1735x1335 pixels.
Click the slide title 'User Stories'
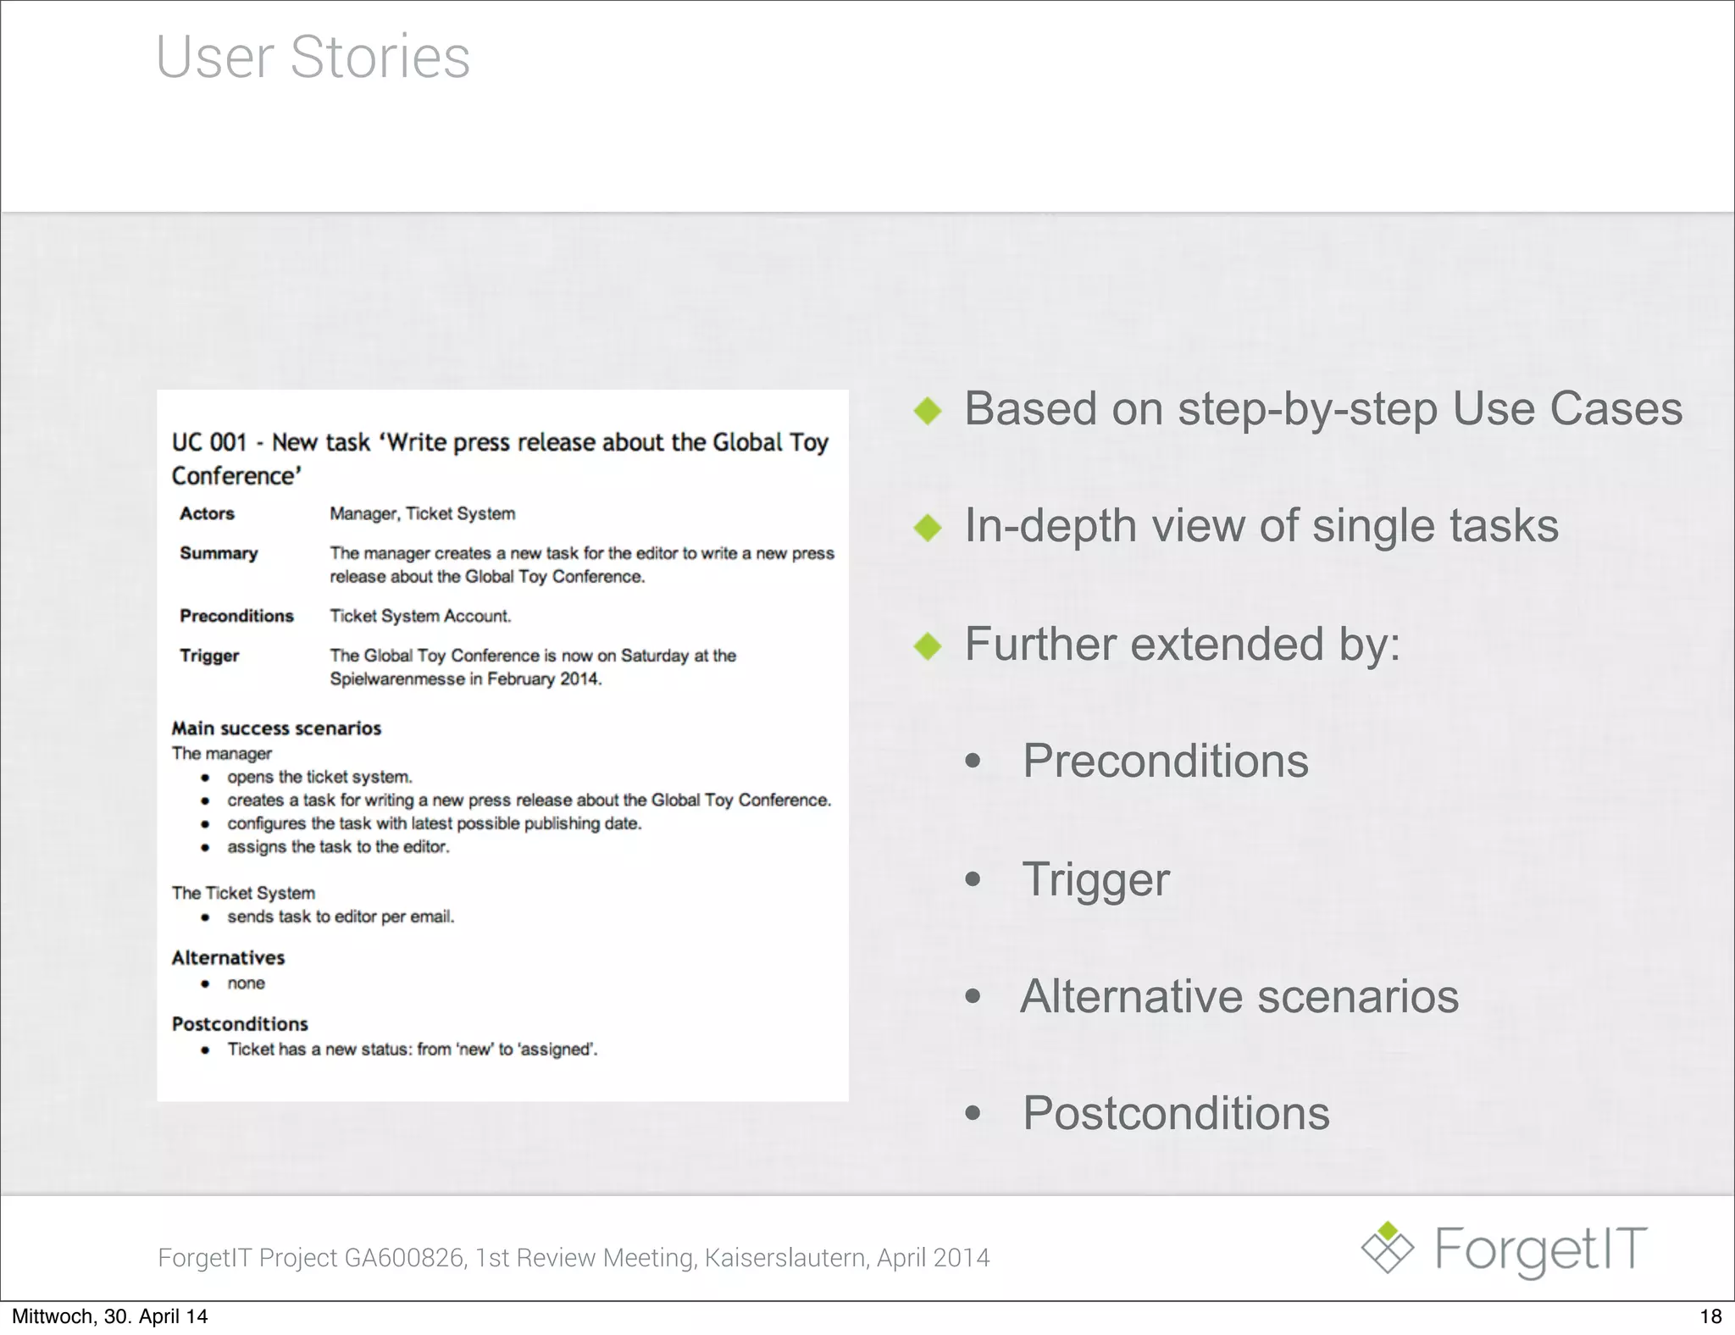313,57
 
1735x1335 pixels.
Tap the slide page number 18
1710,1316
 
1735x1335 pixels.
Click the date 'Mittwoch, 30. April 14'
109,1316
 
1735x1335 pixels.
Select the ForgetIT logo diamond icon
1387,1249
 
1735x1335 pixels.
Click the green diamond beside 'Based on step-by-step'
928,412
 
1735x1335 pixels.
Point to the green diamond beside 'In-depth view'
928,529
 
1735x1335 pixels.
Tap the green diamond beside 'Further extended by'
928,646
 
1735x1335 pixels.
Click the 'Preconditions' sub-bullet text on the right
1165,761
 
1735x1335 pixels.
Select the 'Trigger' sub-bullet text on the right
1095,879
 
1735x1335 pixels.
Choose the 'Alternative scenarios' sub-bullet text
1239,996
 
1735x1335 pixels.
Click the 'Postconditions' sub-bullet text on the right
1176,1113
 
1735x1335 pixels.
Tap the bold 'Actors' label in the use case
207,513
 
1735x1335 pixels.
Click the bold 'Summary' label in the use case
219,553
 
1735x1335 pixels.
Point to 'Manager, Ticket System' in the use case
422,513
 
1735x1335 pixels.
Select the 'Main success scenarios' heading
276,728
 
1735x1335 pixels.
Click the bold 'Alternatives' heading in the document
228,958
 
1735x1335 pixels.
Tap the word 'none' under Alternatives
246,983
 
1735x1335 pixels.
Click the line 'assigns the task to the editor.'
338,847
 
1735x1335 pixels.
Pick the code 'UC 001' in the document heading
209,442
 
